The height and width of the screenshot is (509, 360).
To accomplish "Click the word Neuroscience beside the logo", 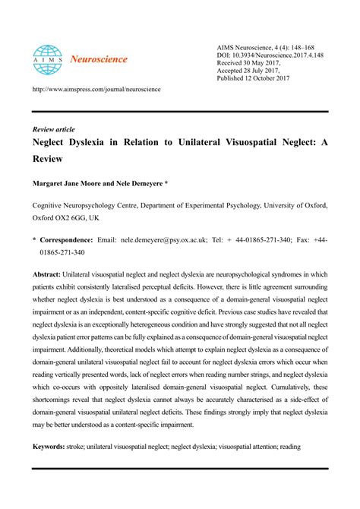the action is [x=99, y=58].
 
